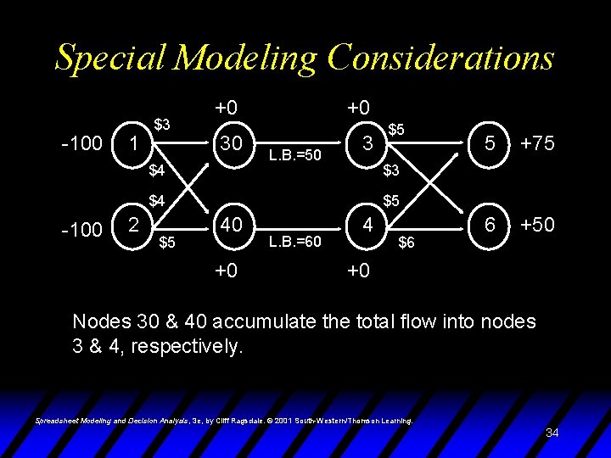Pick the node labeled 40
[x=230, y=226]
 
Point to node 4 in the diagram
[x=366, y=226]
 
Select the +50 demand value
[x=537, y=225]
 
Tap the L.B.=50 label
[x=294, y=155]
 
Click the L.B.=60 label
[x=294, y=242]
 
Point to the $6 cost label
[x=407, y=243]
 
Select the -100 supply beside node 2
[x=82, y=229]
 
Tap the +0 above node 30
[x=226, y=108]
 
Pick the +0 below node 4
[x=359, y=271]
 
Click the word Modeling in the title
[x=247, y=58]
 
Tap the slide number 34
[x=552, y=433]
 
